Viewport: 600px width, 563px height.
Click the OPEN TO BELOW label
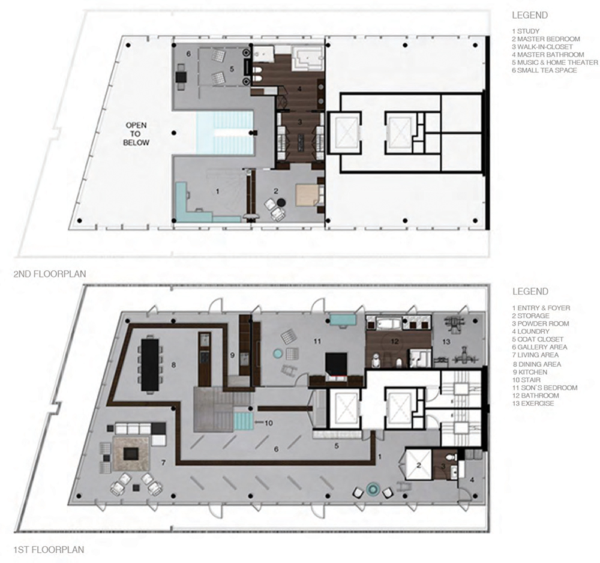(x=136, y=134)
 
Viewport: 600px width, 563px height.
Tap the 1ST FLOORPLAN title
(x=49, y=549)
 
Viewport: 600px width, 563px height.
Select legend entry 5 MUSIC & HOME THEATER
(x=554, y=62)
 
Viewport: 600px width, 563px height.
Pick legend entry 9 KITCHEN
(x=531, y=372)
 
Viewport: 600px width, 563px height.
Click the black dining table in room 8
(x=150, y=364)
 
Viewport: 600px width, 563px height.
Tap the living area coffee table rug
(x=131, y=448)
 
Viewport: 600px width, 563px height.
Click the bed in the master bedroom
(x=307, y=196)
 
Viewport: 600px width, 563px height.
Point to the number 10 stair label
(x=269, y=423)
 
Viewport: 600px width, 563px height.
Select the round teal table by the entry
(x=373, y=490)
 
